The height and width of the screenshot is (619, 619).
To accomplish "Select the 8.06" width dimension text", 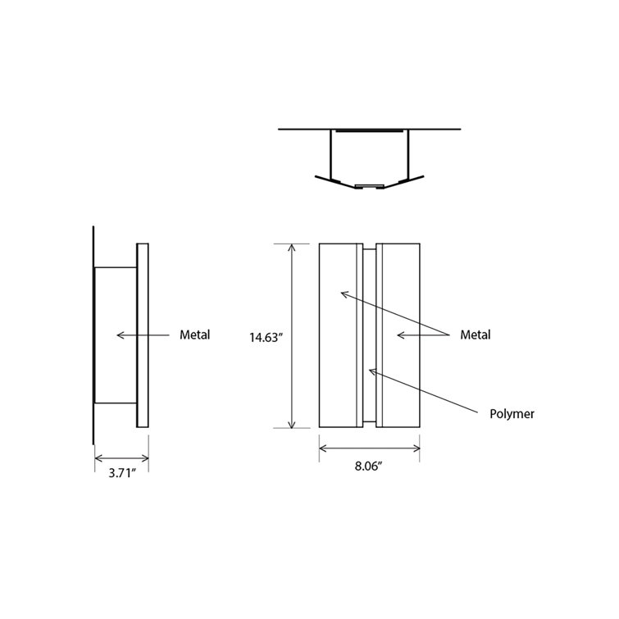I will click(369, 466).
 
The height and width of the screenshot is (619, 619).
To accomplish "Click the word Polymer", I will click(512, 414).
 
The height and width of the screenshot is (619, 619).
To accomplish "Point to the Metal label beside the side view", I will click(194, 335).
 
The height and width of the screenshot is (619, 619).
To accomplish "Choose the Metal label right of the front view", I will click(475, 335).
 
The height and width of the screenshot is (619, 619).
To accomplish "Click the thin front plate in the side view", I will click(143, 335).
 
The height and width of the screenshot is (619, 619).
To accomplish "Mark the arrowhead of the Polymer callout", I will click(371, 371).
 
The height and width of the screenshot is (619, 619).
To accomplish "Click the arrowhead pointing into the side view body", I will click(120, 335).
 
